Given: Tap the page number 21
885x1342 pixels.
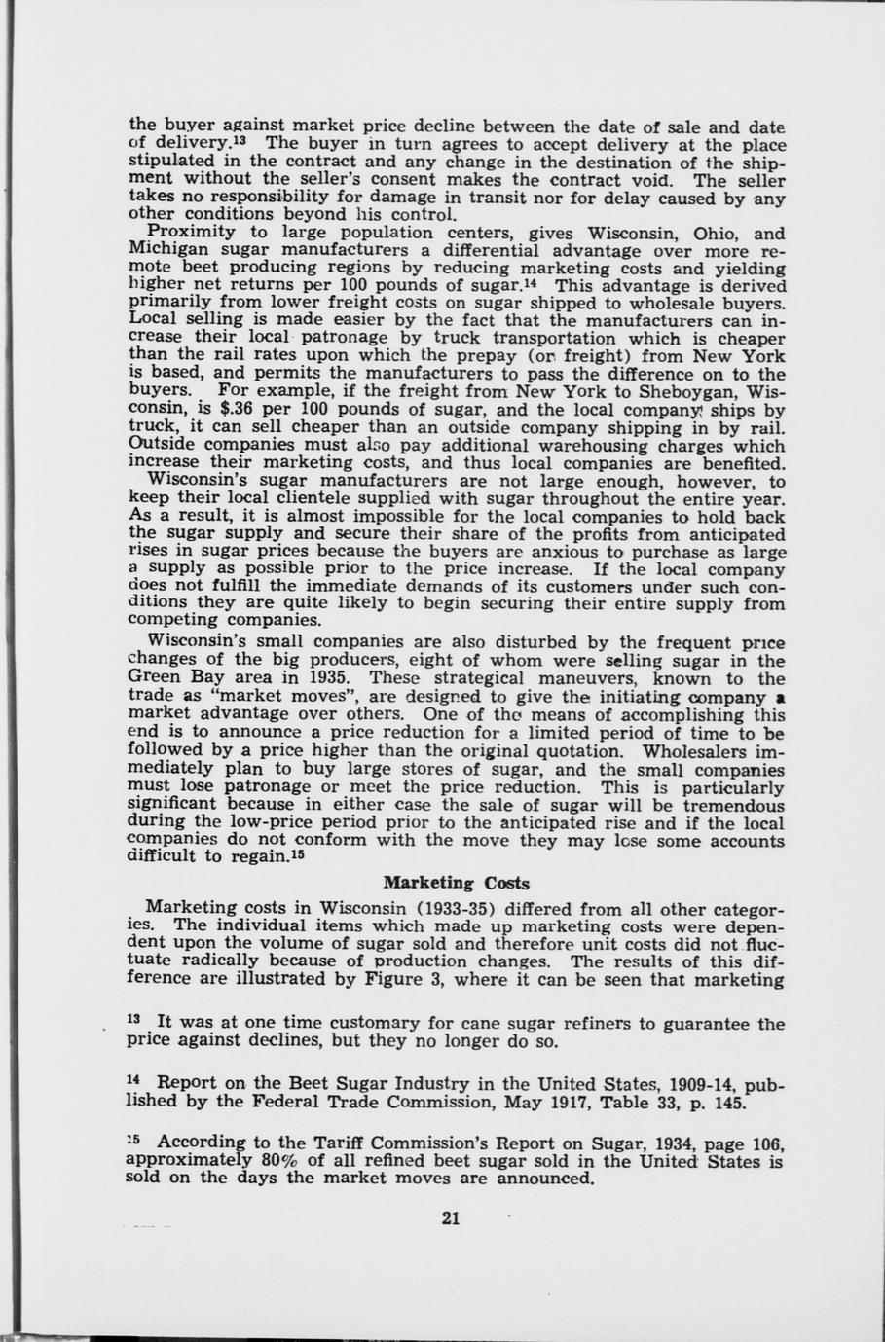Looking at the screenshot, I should click(x=450, y=1216).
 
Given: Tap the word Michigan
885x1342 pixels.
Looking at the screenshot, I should click(x=165, y=251).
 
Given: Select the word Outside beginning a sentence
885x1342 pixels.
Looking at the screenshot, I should click(x=162, y=446).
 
